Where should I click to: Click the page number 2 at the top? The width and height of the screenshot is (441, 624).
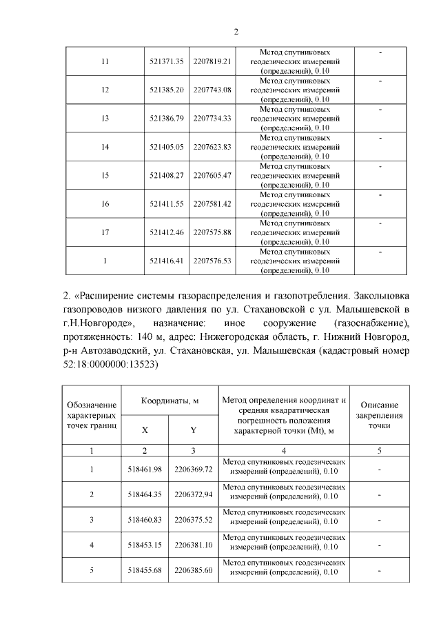click(236, 32)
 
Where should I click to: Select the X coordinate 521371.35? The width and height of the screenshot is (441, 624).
click(165, 61)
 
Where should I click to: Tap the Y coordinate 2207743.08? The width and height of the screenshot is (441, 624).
click(212, 90)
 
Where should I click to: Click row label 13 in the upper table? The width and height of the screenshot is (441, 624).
click(105, 118)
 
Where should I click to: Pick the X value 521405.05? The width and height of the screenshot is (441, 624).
click(165, 147)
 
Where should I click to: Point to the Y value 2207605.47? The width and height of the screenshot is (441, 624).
click(212, 175)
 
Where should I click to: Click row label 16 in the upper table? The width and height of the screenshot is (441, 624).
click(105, 204)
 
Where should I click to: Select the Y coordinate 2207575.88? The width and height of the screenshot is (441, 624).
click(212, 232)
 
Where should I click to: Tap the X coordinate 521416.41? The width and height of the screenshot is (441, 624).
click(165, 261)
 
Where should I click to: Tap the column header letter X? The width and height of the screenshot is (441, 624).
click(145, 430)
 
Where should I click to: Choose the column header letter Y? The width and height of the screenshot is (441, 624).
click(194, 430)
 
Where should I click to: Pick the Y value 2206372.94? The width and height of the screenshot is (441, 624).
click(194, 494)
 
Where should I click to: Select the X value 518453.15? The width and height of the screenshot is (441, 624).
click(145, 545)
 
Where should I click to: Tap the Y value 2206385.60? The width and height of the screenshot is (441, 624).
click(194, 570)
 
